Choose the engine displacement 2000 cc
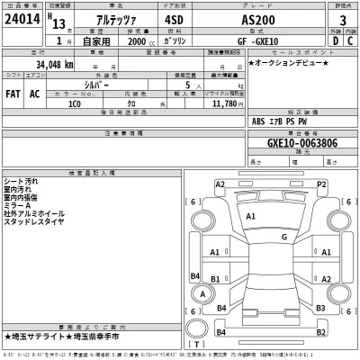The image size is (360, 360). [136, 40]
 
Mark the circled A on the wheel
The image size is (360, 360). [204, 294]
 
